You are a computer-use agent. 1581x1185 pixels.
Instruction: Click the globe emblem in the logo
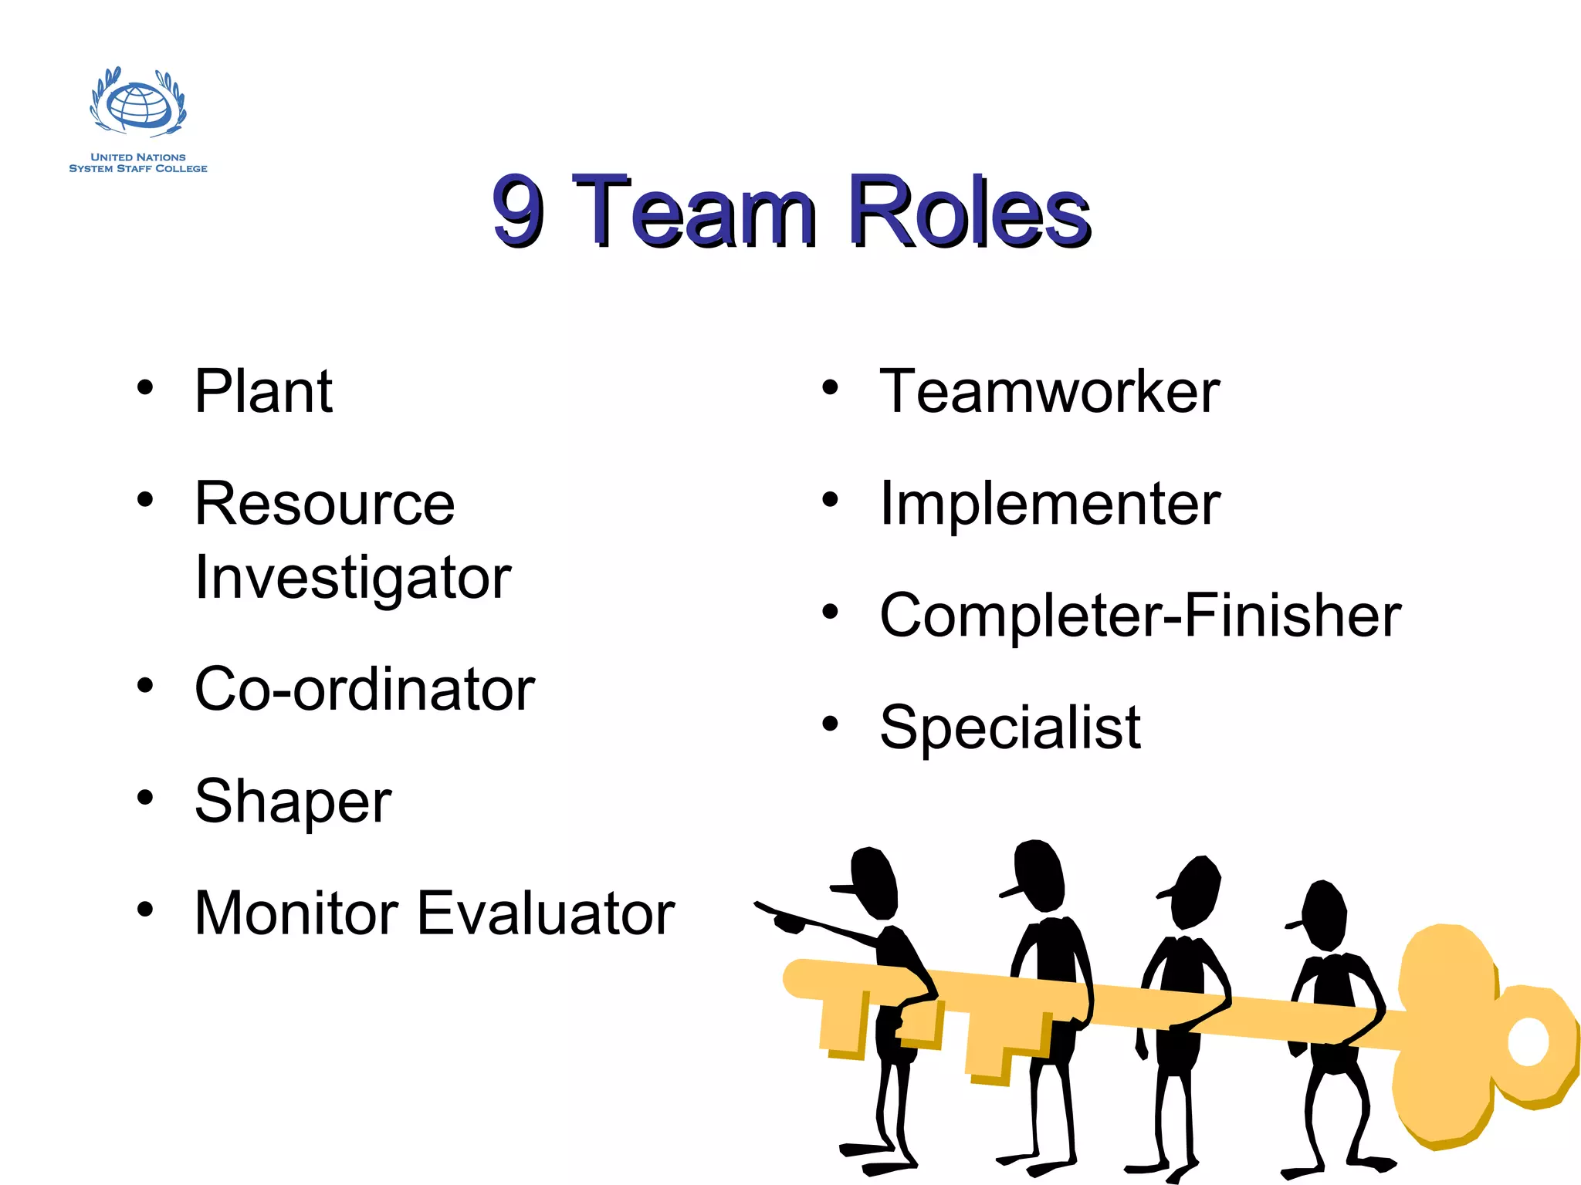[x=138, y=105]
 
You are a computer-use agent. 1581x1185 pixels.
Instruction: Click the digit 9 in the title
[x=518, y=211]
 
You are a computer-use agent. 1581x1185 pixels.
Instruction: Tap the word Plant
[x=263, y=391]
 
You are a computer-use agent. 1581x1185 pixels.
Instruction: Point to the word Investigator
[x=353, y=578]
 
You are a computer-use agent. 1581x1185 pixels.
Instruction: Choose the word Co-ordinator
[x=364, y=689]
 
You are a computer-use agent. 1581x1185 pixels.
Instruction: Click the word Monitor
[x=296, y=913]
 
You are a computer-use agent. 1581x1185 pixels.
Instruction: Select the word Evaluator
[x=547, y=913]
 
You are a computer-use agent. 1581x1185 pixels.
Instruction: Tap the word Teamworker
[x=1049, y=392]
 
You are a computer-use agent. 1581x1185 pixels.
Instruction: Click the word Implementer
[x=1050, y=504]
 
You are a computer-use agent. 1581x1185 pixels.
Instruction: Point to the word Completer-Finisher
[x=1140, y=616]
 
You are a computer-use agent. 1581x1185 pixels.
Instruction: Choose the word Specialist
[x=1010, y=728]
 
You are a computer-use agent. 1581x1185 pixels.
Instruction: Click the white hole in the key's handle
[x=1528, y=1042]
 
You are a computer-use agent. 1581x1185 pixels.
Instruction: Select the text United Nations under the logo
[x=138, y=157]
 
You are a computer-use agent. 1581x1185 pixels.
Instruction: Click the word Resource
[x=325, y=504]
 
